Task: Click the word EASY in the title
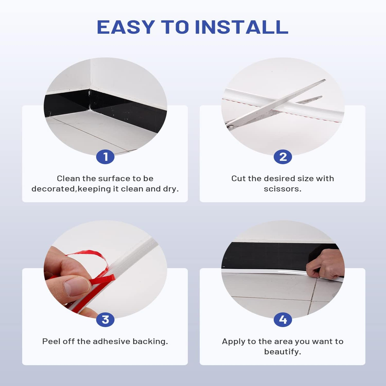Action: click(125, 27)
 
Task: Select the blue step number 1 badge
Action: click(105, 157)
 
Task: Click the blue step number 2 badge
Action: click(283, 157)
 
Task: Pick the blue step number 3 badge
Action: click(105, 320)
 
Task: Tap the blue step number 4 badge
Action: click(283, 320)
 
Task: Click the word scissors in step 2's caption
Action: click(282, 189)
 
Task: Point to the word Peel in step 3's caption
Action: click(51, 341)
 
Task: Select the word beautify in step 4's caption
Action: click(282, 352)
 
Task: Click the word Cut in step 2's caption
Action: click(238, 178)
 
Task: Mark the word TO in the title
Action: click(175, 27)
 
